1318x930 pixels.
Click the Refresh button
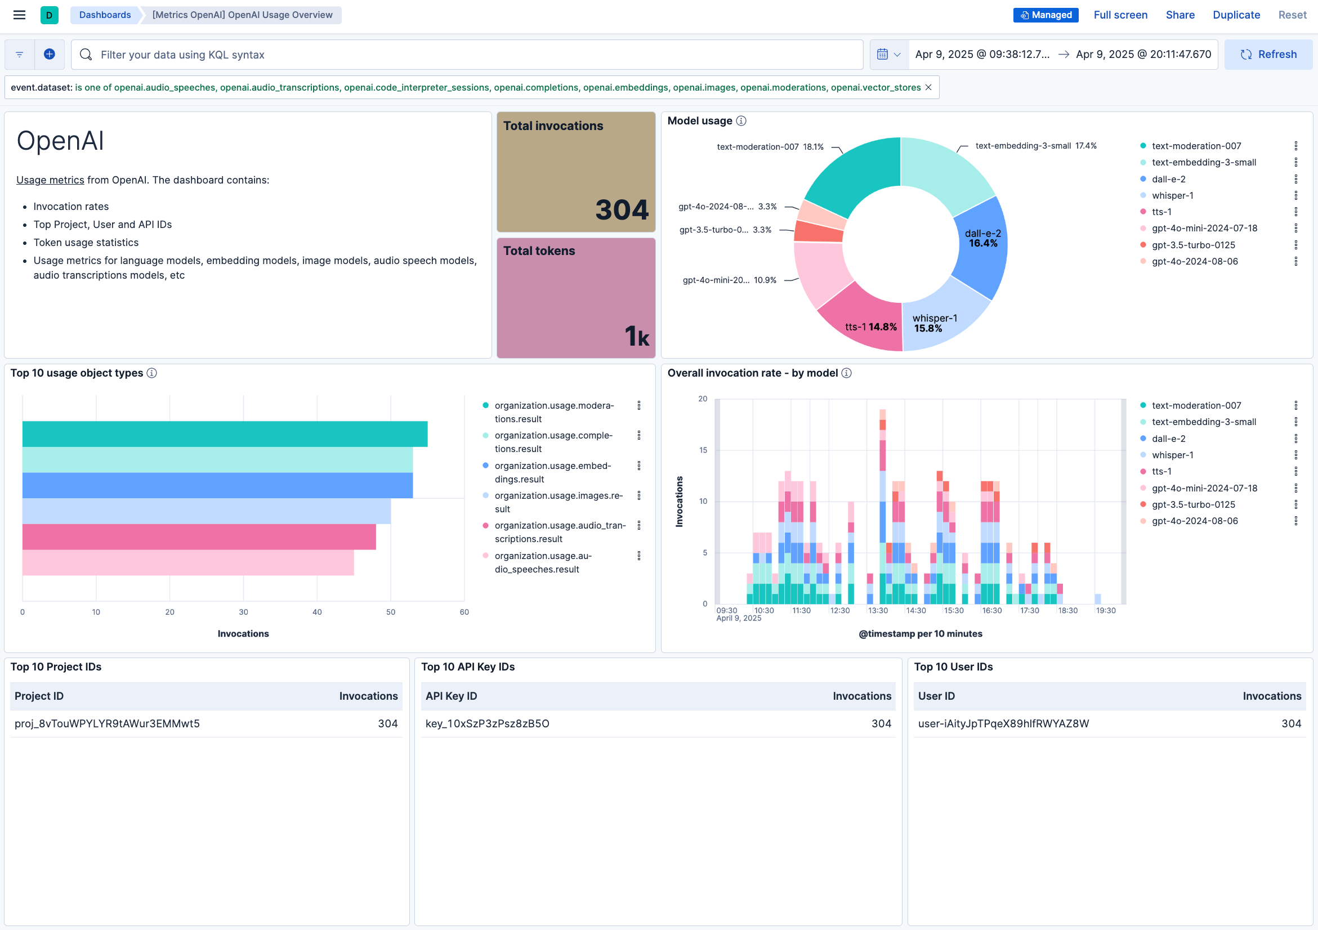[x=1268, y=55]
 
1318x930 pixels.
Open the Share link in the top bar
[x=1180, y=15]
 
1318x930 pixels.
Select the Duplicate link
[x=1236, y=15]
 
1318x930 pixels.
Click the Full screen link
[x=1120, y=15]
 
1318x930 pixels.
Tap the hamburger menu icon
[x=20, y=15]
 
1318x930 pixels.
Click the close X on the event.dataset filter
[x=928, y=87]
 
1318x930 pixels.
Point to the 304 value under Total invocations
[x=622, y=209]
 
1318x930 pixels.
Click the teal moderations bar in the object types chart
[x=225, y=434]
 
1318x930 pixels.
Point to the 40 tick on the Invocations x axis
[x=317, y=612]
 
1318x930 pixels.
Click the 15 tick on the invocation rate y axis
[x=703, y=450]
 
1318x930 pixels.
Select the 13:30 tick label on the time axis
[x=878, y=610]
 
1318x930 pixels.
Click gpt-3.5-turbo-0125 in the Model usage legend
[x=1193, y=245]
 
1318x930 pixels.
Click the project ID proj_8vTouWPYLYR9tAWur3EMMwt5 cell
[x=108, y=723]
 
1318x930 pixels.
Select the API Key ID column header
[x=451, y=696]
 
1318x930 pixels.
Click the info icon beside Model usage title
[x=741, y=120]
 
